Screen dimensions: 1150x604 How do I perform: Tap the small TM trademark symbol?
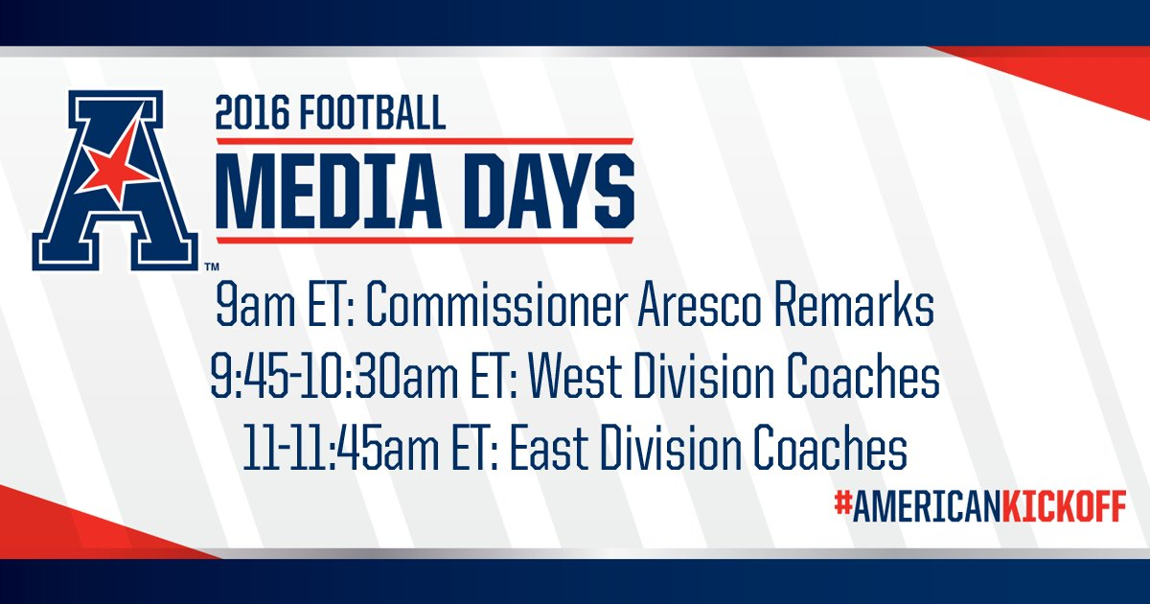pos(212,267)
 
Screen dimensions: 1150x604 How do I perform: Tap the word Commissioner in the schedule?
pos(497,307)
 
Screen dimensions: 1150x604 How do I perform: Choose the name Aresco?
pos(699,307)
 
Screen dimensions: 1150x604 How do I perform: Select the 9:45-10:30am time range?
pos(334,379)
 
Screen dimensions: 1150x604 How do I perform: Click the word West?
pos(575,379)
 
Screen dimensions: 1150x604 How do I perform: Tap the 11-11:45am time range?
pos(341,451)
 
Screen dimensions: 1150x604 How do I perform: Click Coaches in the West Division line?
pos(863,379)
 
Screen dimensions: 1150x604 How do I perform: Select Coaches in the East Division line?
pos(831,451)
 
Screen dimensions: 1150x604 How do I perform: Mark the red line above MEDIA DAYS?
pos(425,141)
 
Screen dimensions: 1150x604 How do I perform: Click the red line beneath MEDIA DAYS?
pos(425,240)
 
